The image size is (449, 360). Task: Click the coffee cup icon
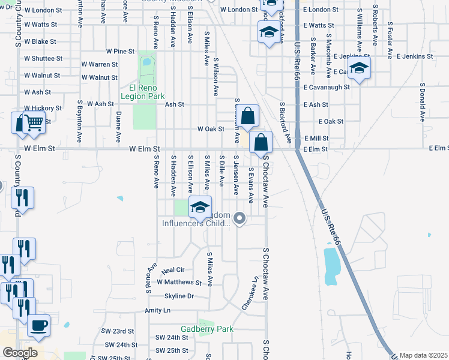[39, 325]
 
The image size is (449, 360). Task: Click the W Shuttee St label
[43, 58]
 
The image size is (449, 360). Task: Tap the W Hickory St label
[43, 108]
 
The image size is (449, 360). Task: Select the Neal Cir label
[172, 271]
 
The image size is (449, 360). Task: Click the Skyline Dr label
[179, 296]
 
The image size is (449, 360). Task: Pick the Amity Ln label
[158, 310]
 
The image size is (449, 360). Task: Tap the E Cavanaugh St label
[327, 87]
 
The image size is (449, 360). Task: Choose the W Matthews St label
[179, 282]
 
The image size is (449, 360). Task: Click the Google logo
[19, 352]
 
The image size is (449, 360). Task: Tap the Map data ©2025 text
[423, 355]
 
